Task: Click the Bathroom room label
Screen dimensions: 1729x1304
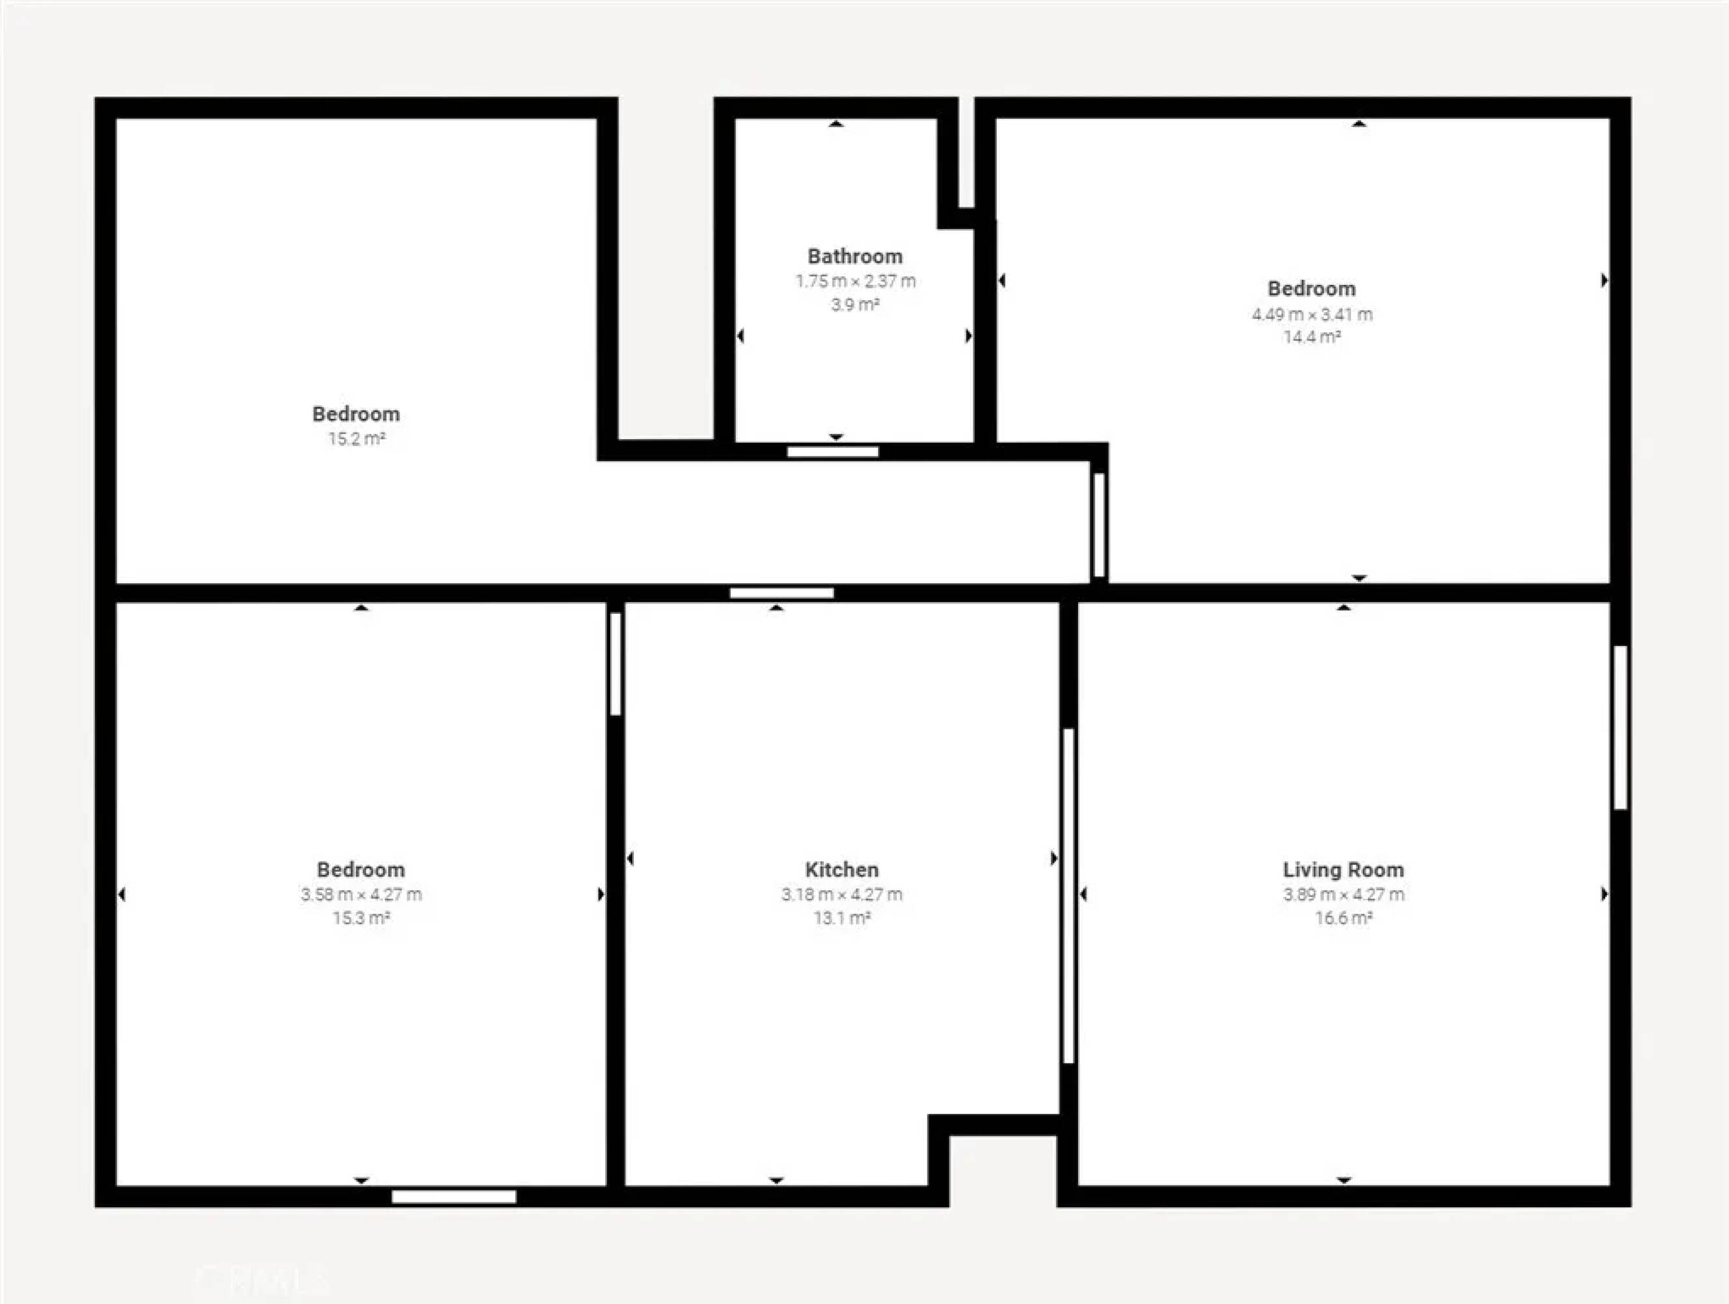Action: click(x=854, y=256)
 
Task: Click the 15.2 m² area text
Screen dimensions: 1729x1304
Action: click(x=356, y=439)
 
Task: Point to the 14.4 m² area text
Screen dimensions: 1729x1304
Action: click(x=1313, y=337)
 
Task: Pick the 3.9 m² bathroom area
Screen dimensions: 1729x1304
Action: click(x=854, y=304)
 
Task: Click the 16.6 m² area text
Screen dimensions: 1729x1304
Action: click(x=1343, y=918)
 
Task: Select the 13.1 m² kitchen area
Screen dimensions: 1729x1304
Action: click(x=842, y=918)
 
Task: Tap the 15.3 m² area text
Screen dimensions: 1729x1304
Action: click(x=361, y=918)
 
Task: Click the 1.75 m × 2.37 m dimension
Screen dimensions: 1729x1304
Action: click(x=855, y=280)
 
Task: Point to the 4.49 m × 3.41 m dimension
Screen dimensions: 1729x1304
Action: click(x=1313, y=314)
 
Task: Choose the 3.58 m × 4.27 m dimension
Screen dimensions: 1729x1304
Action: click(x=361, y=895)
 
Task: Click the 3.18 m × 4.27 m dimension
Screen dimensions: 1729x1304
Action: click(x=842, y=895)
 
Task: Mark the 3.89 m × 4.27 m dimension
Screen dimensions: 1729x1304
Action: click(x=1343, y=895)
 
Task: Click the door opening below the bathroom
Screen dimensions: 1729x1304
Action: click(x=832, y=452)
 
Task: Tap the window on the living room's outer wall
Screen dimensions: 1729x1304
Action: click(x=1620, y=727)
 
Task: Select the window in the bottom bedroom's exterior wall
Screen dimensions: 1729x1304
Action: click(x=454, y=1197)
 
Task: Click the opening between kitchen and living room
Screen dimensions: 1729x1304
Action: click(x=1069, y=896)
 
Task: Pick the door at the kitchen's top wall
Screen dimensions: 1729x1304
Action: click(x=781, y=593)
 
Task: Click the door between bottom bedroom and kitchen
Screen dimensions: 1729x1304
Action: click(x=615, y=664)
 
